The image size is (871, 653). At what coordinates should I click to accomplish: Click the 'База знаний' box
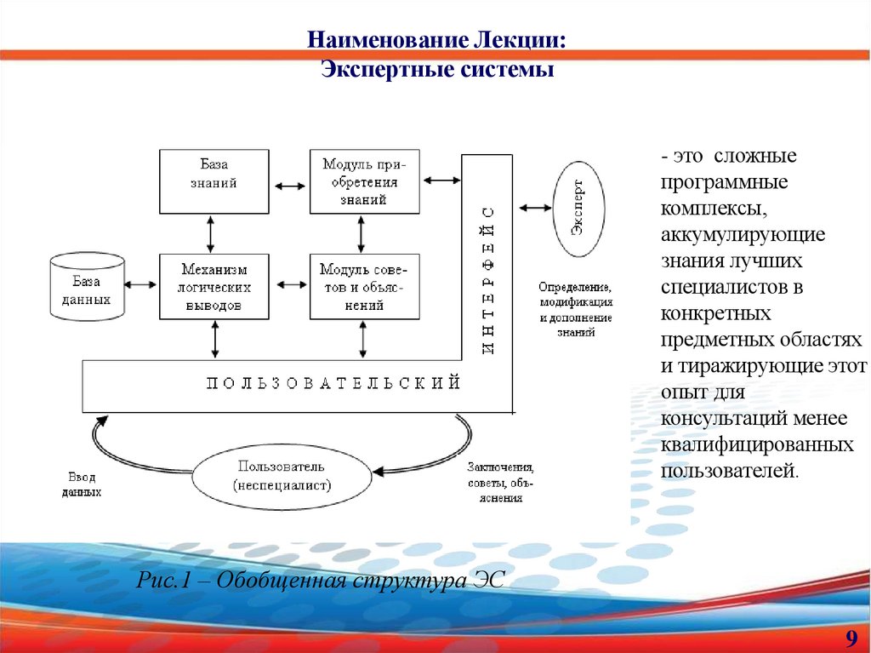213,181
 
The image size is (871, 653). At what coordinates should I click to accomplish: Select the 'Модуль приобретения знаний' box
364,181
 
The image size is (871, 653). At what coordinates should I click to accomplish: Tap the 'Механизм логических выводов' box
213,286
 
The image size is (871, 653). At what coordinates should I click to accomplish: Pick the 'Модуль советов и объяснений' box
364,286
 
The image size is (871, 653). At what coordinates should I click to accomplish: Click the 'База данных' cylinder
87,288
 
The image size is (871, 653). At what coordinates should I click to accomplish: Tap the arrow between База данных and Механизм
142,285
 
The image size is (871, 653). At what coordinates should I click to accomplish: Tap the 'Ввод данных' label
82,484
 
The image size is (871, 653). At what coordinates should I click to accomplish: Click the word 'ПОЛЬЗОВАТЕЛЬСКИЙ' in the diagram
333,383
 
